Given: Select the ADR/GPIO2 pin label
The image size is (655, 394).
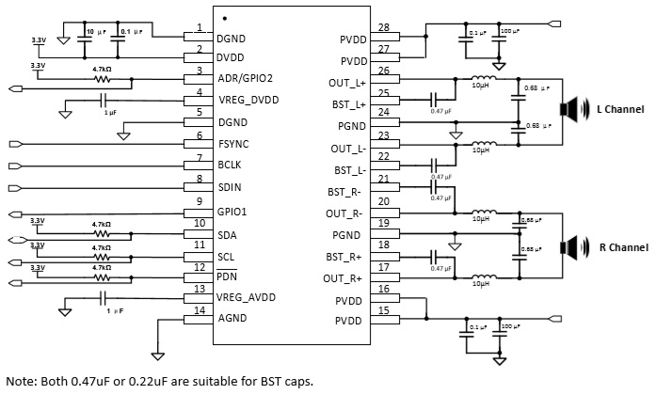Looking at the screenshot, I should (x=246, y=79).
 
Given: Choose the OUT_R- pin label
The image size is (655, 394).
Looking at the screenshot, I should (x=346, y=213).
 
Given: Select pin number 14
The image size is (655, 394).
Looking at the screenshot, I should (x=199, y=310).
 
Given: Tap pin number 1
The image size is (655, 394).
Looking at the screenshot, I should (x=200, y=27).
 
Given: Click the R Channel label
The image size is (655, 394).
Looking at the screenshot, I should (x=623, y=247).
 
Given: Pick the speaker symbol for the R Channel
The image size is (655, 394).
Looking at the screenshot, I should (x=567, y=246).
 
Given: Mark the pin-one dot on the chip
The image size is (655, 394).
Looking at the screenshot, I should (x=225, y=17).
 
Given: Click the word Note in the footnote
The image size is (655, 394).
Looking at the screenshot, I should (x=20, y=380).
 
